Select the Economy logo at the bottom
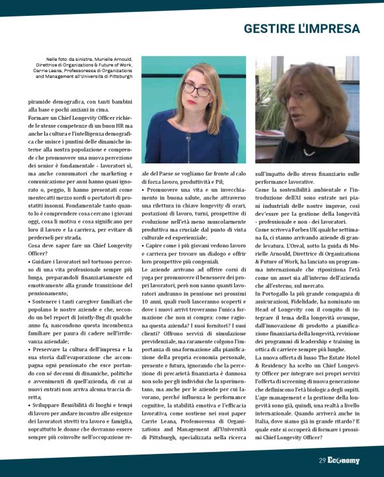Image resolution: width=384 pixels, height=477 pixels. (344, 460)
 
